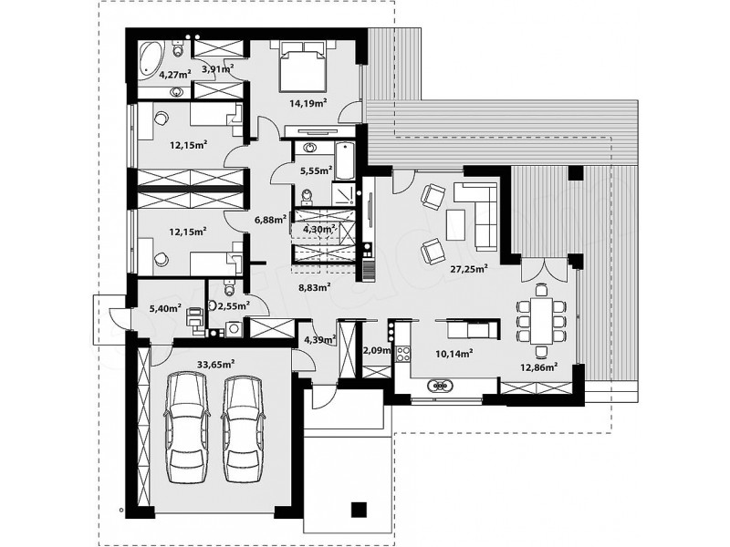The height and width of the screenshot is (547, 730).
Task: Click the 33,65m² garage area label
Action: (215, 364)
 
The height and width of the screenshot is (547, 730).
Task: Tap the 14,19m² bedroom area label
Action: (308, 103)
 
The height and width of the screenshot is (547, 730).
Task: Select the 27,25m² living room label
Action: (469, 268)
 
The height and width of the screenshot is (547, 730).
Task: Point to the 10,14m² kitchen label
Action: (454, 354)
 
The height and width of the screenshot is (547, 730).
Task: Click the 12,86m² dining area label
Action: (539, 367)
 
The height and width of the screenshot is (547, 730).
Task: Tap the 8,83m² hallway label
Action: (315, 287)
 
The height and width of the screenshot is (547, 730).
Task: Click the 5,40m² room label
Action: (165, 307)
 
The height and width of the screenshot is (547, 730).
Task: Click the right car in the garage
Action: (242, 428)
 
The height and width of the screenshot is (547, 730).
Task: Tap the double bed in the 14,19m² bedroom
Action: (303, 67)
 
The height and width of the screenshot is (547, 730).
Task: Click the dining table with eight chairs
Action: (541, 321)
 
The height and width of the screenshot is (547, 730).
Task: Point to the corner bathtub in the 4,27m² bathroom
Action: (151, 59)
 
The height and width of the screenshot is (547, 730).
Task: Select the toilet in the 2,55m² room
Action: (229, 287)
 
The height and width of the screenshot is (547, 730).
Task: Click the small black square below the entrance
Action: (359, 509)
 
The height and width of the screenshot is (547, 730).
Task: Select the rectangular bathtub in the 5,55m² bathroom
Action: (345, 161)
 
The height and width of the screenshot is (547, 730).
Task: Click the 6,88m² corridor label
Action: (270, 219)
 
